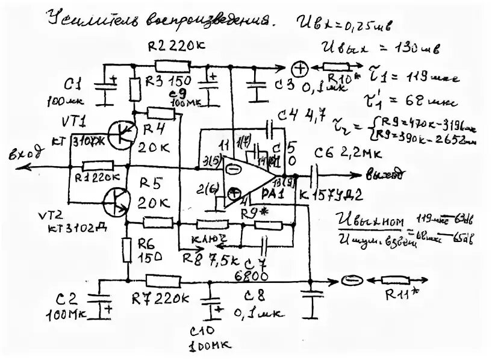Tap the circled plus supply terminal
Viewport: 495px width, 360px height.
tap(299, 68)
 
